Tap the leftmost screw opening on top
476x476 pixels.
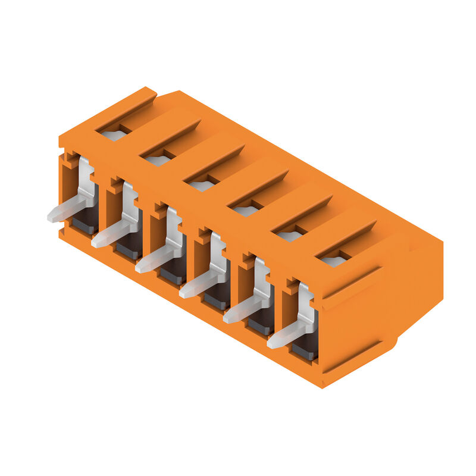click(x=114, y=134)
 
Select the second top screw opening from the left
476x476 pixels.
click(x=158, y=159)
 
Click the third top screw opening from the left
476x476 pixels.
click(x=202, y=185)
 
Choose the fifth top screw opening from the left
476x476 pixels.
click(x=290, y=236)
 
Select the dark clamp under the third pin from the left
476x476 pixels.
click(x=173, y=274)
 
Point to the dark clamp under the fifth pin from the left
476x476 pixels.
click(x=261, y=325)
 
